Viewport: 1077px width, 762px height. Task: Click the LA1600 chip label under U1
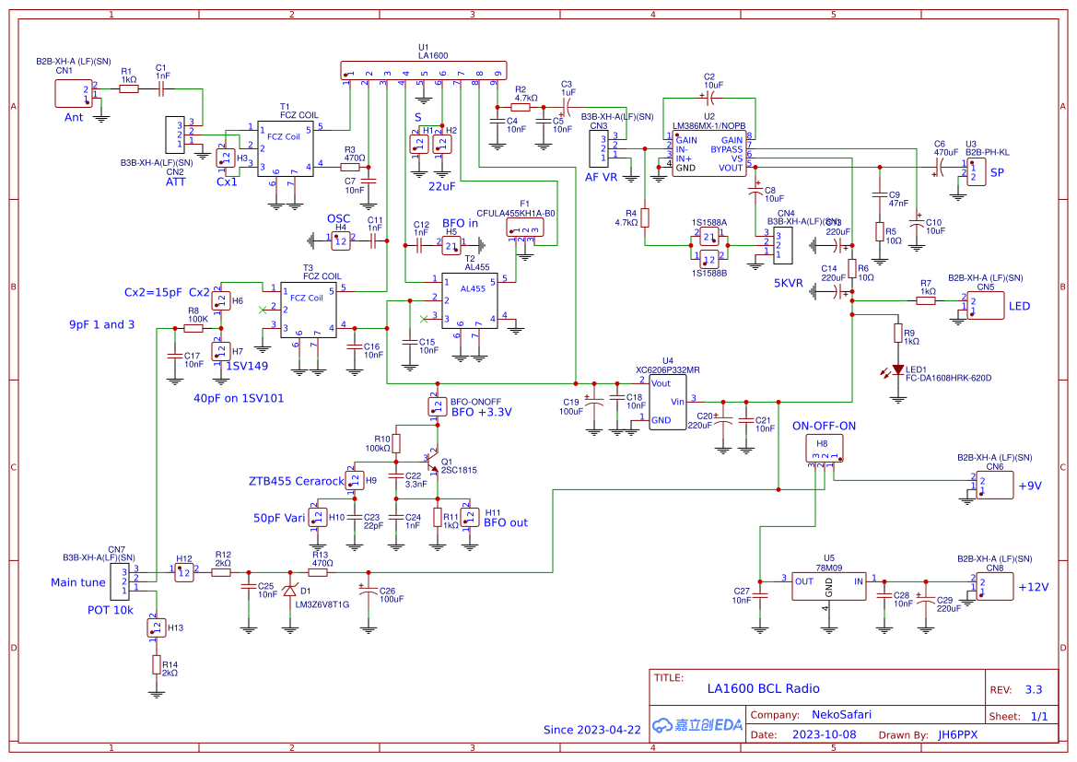(x=432, y=56)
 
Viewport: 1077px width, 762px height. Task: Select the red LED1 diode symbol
(x=898, y=369)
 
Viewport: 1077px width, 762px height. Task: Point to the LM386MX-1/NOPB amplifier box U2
(x=709, y=154)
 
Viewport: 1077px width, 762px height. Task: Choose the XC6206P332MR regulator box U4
(x=668, y=403)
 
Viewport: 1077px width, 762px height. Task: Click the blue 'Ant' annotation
(x=74, y=117)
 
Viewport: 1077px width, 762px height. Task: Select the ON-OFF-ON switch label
(x=824, y=426)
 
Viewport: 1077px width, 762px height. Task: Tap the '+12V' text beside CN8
(x=1031, y=587)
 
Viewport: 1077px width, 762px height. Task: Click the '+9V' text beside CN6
(x=1029, y=486)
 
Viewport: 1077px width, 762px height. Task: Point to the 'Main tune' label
(x=78, y=582)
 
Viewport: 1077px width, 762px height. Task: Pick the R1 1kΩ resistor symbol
(x=128, y=88)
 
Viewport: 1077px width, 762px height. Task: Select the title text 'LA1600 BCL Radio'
(x=763, y=688)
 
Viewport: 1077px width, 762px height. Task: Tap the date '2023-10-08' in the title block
(x=825, y=735)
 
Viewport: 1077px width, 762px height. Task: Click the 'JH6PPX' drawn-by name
(x=957, y=735)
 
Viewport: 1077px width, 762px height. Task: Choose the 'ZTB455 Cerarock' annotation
(x=295, y=481)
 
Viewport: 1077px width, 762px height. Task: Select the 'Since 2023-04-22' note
(x=591, y=730)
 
